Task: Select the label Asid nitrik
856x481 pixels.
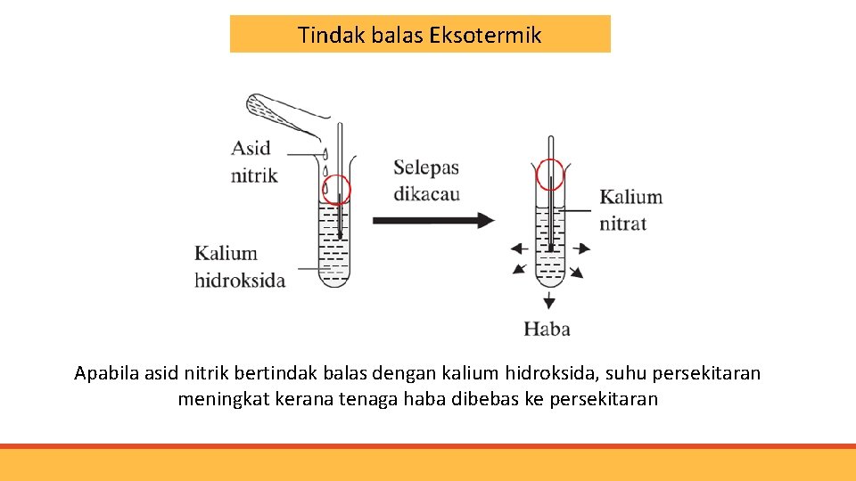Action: (254, 161)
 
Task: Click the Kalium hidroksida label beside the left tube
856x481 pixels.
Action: (240, 267)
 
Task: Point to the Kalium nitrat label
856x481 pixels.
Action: (630, 209)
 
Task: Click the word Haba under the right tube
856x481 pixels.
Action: (547, 329)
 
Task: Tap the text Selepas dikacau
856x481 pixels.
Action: (426, 180)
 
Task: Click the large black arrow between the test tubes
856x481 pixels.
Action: (432, 220)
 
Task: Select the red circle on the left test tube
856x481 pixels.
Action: (336, 190)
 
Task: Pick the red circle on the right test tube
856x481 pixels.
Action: (550, 174)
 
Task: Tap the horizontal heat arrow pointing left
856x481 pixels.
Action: (518, 249)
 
